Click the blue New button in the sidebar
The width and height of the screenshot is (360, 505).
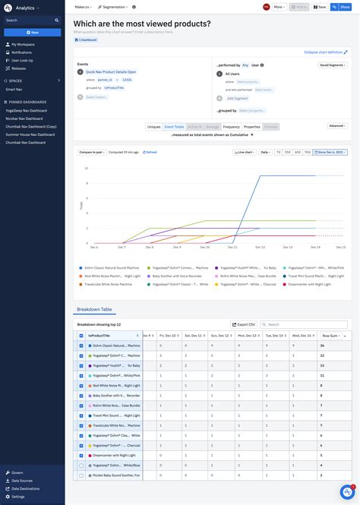click(32, 33)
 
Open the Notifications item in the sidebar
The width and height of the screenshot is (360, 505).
click(22, 52)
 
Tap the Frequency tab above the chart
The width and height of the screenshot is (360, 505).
click(232, 127)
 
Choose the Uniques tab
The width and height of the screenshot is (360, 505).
click(153, 127)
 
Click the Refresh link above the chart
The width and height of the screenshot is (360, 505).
click(150, 152)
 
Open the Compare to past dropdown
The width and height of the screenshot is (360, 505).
click(91, 152)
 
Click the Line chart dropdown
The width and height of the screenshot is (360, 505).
click(245, 152)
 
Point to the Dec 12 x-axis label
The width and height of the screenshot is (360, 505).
click(261, 247)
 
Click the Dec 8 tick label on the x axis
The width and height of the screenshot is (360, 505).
click(150, 247)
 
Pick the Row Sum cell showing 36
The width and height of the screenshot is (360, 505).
click(322, 346)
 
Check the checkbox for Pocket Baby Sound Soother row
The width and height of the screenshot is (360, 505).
click(81, 475)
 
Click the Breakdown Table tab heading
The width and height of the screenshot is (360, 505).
click(96, 309)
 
